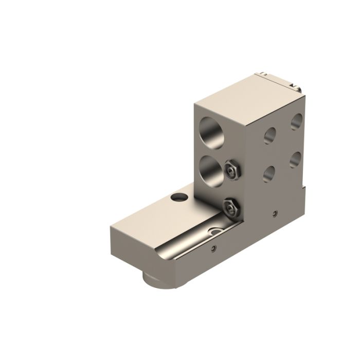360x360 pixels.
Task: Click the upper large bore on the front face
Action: coord(212,132)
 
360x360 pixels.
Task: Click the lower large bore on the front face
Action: coord(210,170)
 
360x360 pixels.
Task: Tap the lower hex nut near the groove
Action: coord(229,207)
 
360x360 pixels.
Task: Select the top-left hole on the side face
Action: coord(269,135)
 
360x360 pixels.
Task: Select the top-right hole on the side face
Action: coord(296,122)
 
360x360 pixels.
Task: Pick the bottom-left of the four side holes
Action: coord(269,173)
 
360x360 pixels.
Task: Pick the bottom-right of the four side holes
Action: coord(295,159)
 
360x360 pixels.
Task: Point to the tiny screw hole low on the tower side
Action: coord(275,213)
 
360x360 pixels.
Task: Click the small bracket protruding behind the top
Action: coord(280,80)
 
